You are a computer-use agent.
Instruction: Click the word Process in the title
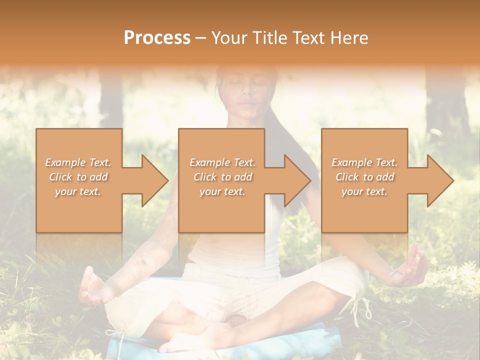pyautogui.click(x=157, y=37)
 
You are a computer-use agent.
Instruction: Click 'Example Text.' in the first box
pyautogui.click(x=78, y=162)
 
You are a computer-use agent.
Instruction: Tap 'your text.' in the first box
pyautogui.click(x=78, y=191)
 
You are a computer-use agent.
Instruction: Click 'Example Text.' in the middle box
pyautogui.click(x=222, y=162)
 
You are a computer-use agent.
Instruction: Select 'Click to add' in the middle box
pyautogui.click(x=222, y=177)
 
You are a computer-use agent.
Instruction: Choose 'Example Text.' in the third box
pyautogui.click(x=364, y=162)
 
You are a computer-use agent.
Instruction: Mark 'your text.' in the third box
pyautogui.click(x=364, y=191)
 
